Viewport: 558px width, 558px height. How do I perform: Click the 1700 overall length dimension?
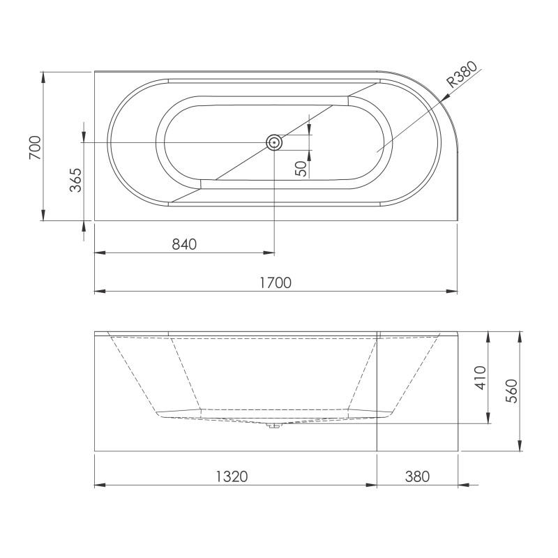click(276, 282)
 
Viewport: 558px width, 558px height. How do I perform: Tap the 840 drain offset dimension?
click(184, 244)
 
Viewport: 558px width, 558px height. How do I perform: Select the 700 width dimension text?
click(36, 147)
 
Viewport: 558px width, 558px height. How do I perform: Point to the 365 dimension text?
click(75, 180)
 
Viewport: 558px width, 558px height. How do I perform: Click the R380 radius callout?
click(462, 75)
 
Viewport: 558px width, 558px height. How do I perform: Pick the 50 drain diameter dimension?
click(301, 169)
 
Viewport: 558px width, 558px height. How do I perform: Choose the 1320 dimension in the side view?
click(232, 476)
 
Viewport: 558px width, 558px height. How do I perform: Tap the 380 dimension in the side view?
click(417, 476)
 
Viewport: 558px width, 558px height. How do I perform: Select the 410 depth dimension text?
click(481, 377)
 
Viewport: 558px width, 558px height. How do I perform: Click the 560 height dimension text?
click(511, 391)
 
